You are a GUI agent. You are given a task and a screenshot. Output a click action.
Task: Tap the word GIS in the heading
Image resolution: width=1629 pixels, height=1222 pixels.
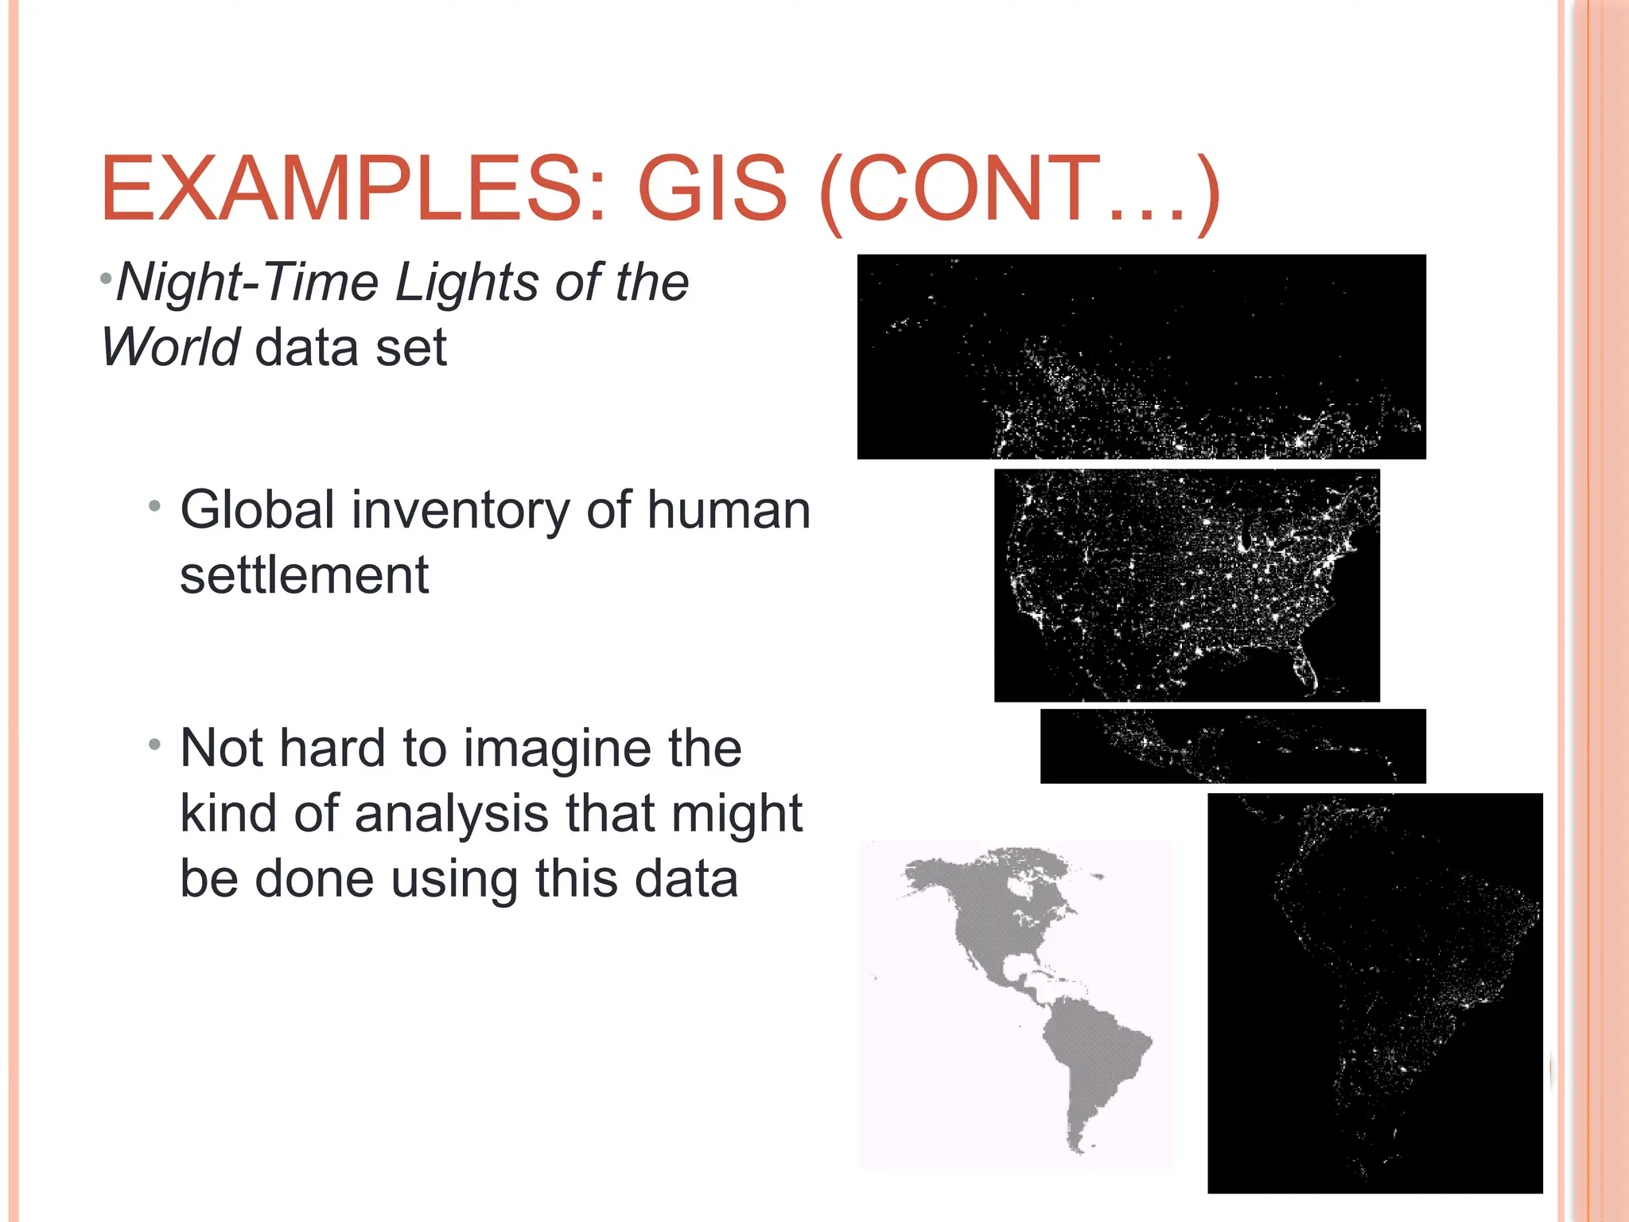712,190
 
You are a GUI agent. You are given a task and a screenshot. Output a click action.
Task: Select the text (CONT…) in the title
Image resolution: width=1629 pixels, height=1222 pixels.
1018,192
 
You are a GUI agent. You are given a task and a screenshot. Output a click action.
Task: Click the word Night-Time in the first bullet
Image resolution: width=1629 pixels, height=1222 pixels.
247,282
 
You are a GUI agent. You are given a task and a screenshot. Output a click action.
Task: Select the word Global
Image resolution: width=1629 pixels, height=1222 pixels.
257,510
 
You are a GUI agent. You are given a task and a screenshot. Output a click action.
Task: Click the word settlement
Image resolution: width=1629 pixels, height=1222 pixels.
304,575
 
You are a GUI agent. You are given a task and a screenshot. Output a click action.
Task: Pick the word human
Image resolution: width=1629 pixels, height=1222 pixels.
728,510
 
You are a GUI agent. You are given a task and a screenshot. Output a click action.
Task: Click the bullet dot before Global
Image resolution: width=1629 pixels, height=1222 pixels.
155,506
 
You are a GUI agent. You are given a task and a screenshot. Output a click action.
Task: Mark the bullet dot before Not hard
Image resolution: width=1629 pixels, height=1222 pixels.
155,745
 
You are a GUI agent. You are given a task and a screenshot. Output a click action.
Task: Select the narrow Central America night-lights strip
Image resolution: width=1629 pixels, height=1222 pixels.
1232,746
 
